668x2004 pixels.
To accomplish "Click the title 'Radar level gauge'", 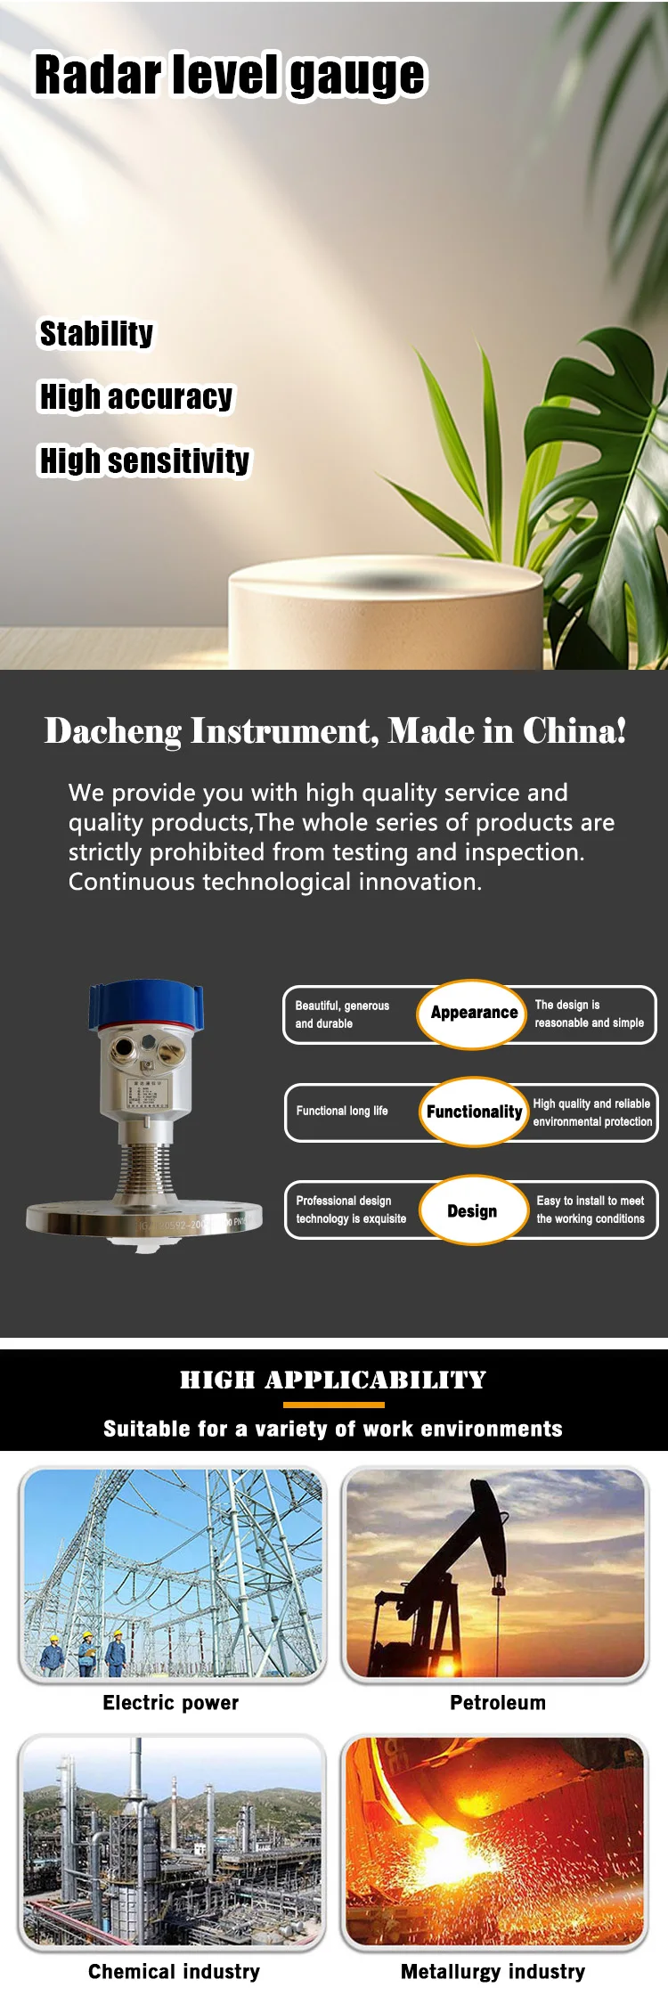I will [230, 75].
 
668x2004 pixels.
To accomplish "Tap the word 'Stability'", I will [96, 333].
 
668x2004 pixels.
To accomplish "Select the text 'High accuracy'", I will [136, 396].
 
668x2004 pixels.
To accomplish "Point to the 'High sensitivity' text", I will [144, 460].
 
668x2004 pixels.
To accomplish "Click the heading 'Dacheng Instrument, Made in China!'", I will [335, 731].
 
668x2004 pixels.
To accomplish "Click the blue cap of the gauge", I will [146, 1004].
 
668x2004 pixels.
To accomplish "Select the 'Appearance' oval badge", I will [473, 1014].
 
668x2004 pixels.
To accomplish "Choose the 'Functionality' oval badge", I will [474, 1112].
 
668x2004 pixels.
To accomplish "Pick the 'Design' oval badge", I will [472, 1210].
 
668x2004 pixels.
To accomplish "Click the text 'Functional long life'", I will [342, 1111].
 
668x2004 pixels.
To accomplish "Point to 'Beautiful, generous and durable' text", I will [342, 1014].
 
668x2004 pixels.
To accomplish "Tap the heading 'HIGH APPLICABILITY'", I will [333, 1380].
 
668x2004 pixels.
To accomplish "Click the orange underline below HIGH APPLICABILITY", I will [333, 1405].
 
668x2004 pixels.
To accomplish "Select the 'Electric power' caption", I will [171, 1703].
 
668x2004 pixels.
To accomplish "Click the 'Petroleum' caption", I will [497, 1703].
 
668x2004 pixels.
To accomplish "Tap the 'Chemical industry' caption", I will [174, 1972].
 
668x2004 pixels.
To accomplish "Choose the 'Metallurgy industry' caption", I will [493, 1972].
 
